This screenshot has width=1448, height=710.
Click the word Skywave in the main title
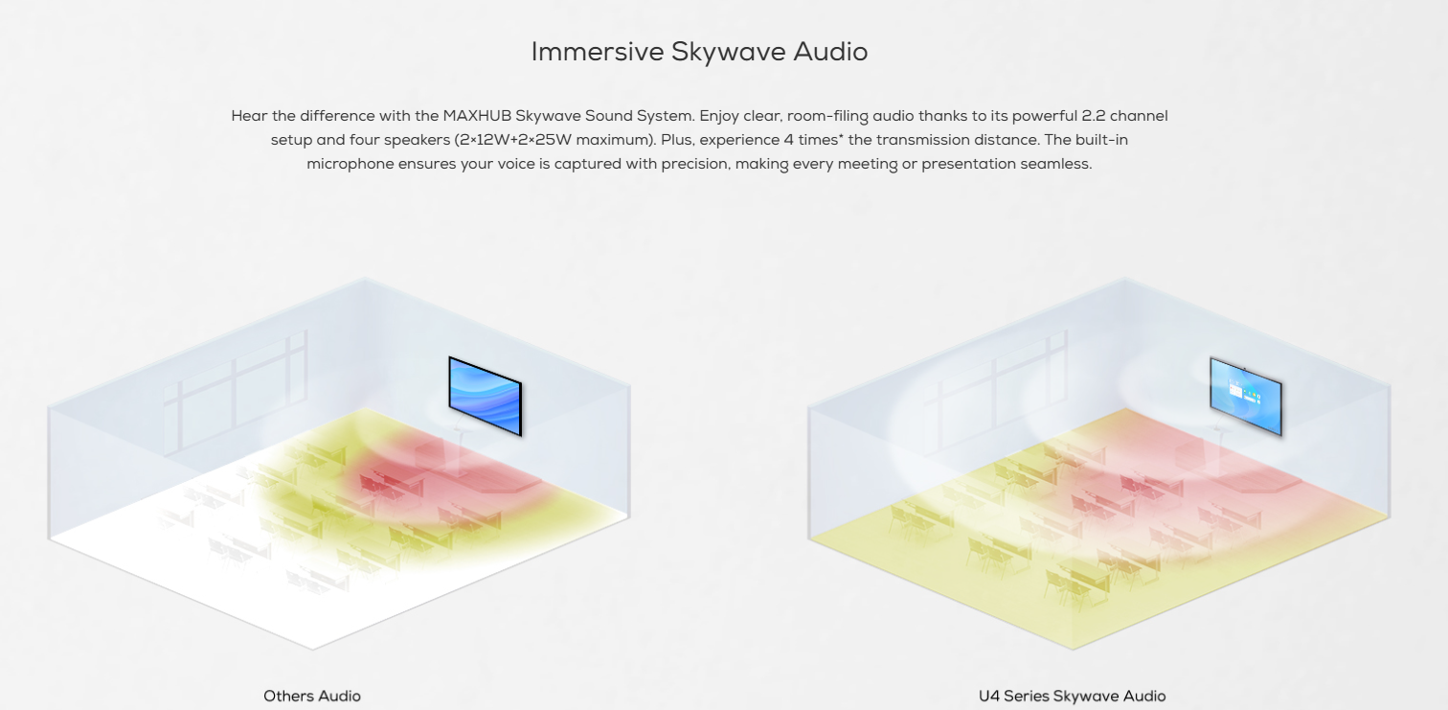(727, 52)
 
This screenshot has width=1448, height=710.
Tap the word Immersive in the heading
(598, 52)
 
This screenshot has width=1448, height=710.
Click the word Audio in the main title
(830, 52)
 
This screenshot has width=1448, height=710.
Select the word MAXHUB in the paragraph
(476, 116)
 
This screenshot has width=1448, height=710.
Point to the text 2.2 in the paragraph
(1093, 116)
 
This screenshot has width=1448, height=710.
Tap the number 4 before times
(788, 140)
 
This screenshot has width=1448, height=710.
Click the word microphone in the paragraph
(350, 164)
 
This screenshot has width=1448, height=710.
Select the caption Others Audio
(312, 696)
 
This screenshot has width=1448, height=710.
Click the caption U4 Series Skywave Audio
(1072, 696)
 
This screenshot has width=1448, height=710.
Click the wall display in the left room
(485, 396)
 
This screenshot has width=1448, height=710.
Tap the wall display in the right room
(1246, 396)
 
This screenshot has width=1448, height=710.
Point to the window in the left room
(236, 393)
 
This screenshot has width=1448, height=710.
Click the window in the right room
(996, 393)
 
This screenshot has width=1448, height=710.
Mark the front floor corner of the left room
(313, 649)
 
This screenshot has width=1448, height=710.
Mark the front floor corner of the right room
(1073, 649)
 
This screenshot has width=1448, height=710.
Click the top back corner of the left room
(364, 278)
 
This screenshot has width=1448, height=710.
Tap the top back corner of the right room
(1124, 278)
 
